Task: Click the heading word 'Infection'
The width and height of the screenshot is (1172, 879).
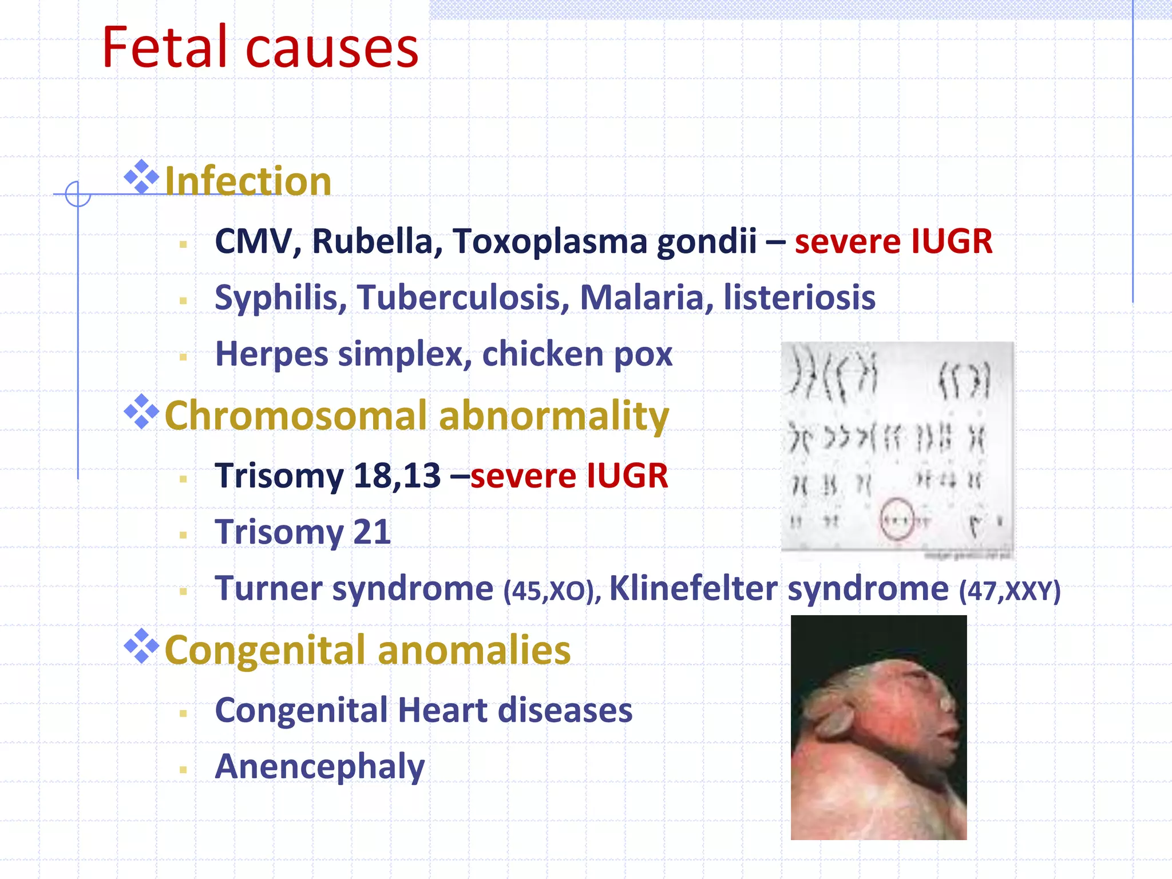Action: coord(248,181)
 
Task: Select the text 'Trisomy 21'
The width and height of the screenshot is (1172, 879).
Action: coord(303,532)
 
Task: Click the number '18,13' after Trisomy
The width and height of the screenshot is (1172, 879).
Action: coord(397,476)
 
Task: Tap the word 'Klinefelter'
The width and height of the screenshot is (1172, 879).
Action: coord(693,588)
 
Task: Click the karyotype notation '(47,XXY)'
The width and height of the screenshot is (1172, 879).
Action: coord(1009,591)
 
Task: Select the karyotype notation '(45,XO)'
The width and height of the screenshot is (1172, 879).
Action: coord(552,591)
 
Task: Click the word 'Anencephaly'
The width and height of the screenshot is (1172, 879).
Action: coord(320,767)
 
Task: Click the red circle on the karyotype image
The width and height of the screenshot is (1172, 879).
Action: coord(896,519)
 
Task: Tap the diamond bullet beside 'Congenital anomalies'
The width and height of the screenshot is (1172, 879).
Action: coord(141,646)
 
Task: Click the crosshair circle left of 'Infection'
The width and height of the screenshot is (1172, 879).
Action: coord(78,194)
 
